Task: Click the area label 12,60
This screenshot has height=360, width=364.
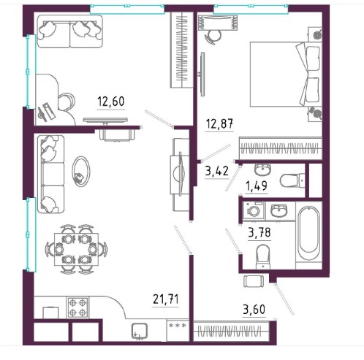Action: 111,101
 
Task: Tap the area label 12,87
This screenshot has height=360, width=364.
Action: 219,123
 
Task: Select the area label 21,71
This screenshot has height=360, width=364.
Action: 166,299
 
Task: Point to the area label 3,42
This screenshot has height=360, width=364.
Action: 217,171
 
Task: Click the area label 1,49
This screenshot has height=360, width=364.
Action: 257,186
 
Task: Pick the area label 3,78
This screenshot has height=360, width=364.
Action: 259,232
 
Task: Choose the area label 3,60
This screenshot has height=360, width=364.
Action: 254,310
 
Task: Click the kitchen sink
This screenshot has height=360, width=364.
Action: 140,331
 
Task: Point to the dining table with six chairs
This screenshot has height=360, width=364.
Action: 76,249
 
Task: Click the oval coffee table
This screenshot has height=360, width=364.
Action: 81,172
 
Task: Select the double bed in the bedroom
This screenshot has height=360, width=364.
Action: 285,74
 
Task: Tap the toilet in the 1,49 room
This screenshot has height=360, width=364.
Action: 292,180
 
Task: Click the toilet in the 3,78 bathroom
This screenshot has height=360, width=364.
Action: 263,257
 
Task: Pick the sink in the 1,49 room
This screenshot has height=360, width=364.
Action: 262,169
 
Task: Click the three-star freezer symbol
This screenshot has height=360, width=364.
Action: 178,325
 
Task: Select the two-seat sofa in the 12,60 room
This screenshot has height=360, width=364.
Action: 69,31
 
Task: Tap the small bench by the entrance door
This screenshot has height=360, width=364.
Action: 254,281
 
